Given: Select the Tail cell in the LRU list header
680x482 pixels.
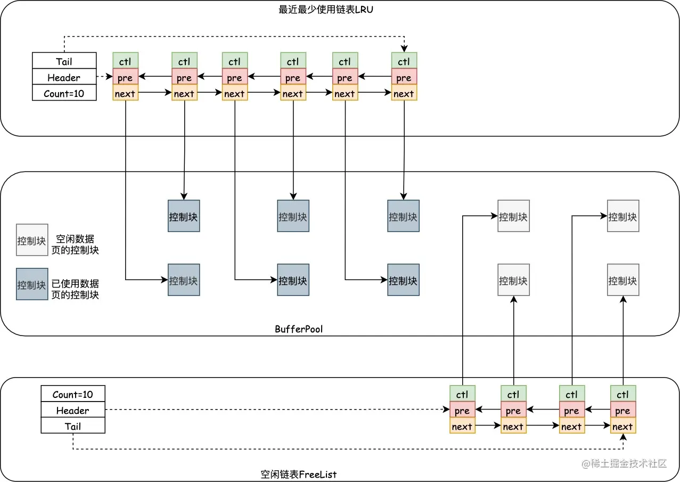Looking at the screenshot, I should point(64,61).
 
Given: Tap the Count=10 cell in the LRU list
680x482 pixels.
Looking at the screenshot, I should point(64,93).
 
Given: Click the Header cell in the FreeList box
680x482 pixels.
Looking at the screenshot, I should point(73,410).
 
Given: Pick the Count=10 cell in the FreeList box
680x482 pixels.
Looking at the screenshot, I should point(73,394).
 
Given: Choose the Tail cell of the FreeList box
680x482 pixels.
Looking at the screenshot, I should point(73,426).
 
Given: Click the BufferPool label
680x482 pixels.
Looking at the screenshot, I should point(299,329).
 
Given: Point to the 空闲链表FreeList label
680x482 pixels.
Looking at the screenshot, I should point(298,474).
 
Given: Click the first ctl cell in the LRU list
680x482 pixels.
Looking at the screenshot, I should point(125,61).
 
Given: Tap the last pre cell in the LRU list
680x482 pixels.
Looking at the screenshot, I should point(404,77).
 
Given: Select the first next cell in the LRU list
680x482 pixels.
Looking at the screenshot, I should point(125,94).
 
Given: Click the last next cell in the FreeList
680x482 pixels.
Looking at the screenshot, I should point(622,426).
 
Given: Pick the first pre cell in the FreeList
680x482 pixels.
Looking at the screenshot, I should point(462,410).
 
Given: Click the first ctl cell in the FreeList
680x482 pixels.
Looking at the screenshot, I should point(462,394).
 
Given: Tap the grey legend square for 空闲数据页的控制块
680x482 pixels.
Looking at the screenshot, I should point(32,240).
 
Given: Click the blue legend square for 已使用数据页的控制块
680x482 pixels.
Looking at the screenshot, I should point(32,284).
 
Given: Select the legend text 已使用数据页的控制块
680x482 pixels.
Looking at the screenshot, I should point(75,289).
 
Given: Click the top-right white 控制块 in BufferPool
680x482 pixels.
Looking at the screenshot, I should point(623,216).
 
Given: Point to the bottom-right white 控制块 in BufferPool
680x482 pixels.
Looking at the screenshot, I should point(623,280).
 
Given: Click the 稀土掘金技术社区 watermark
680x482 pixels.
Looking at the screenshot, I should point(624,463).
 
